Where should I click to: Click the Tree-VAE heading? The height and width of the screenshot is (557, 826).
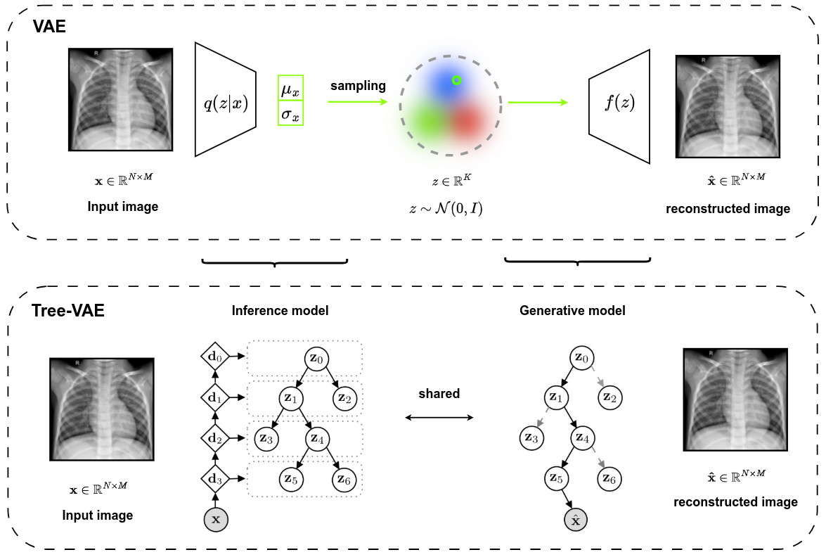point(68,311)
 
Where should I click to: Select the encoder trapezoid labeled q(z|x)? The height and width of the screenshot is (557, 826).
point(225,99)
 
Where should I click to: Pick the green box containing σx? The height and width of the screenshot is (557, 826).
point(291,113)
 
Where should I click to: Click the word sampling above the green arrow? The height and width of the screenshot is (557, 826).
point(359,86)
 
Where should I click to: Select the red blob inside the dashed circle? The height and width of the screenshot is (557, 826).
point(467,121)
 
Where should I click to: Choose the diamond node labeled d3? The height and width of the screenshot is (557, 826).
point(215,480)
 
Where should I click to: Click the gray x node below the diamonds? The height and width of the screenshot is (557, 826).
point(216,520)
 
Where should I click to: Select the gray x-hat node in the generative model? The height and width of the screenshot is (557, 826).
point(576,520)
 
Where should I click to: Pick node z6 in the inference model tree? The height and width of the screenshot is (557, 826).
point(344,480)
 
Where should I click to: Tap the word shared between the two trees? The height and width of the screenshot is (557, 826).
point(439,394)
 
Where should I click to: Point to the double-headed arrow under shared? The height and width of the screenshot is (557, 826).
point(439,418)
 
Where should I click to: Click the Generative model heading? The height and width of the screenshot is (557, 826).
point(572,310)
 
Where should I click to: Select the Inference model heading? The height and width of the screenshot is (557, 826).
point(280,310)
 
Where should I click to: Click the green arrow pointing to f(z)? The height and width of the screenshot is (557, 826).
point(538,103)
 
